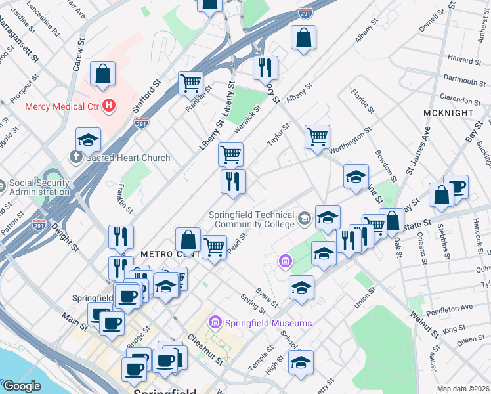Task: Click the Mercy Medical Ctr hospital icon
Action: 109,105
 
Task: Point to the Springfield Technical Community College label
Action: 251,219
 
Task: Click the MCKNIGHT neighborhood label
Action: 448,113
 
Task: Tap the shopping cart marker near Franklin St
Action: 190,83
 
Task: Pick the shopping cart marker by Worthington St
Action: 317,137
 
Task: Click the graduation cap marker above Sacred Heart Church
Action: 88,139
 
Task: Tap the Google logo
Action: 21,386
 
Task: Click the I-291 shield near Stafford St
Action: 142,122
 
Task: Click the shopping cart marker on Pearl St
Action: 214,248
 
